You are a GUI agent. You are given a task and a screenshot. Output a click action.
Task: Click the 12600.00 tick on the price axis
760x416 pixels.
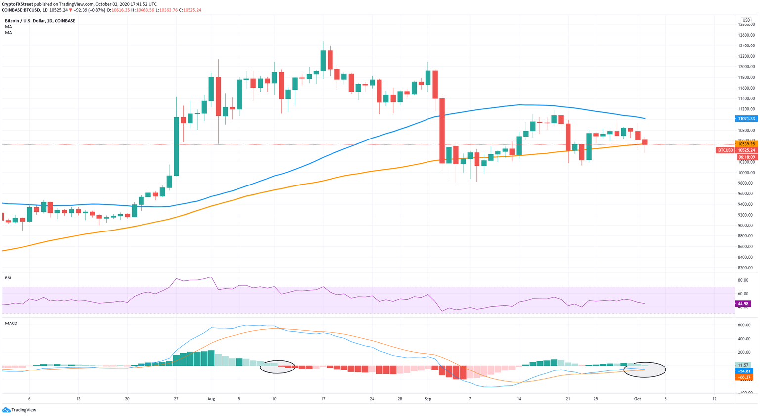pyautogui.click(x=746, y=35)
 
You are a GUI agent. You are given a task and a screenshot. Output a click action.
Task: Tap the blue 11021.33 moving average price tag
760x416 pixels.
pyautogui.click(x=746, y=119)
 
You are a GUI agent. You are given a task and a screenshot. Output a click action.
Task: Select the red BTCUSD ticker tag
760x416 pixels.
pyautogui.click(x=725, y=150)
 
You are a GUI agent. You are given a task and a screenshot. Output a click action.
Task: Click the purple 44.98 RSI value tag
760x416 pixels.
pyautogui.click(x=743, y=304)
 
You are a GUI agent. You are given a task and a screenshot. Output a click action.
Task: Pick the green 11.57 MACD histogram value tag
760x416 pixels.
pyautogui.click(x=744, y=365)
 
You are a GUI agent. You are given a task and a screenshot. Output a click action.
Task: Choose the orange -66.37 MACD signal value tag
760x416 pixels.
pyautogui.click(x=744, y=377)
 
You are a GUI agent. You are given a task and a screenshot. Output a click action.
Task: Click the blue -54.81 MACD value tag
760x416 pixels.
pyautogui.click(x=744, y=371)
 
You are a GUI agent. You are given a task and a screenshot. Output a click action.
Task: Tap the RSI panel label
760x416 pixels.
pyautogui.click(x=8, y=278)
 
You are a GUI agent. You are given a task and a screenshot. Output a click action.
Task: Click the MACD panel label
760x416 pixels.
pyautogui.click(x=11, y=324)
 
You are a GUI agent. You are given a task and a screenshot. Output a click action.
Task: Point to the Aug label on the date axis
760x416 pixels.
pyautogui.click(x=211, y=399)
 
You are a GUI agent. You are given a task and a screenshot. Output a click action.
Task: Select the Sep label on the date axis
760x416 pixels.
pyautogui.click(x=428, y=399)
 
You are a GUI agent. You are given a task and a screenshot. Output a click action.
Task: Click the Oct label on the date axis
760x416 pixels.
pyautogui.click(x=638, y=399)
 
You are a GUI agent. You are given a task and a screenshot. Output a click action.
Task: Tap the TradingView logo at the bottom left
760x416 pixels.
pyautogui.click(x=19, y=410)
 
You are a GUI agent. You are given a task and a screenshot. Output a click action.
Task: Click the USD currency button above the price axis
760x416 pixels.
pyautogui.click(x=746, y=20)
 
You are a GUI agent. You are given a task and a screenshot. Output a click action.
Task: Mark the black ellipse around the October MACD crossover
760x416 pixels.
pyautogui.click(x=645, y=370)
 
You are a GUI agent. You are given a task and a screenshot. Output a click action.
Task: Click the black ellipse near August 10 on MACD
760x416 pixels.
pyautogui.click(x=278, y=367)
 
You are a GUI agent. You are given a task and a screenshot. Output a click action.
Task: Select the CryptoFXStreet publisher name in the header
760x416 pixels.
pyautogui.click(x=17, y=4)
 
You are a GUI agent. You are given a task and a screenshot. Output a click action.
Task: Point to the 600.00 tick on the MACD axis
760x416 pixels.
pyautogui.click(x=745, y=325)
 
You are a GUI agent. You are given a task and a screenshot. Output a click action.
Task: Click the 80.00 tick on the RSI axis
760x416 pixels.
pyautogui.click(x=743, y=280)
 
